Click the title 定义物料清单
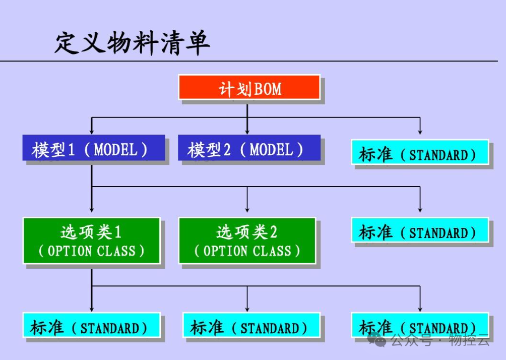coord(132,43)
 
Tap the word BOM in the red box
coord(268,90)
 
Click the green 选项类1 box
coord(91,241)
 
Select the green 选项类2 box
coord(247,241)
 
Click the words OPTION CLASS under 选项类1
coord(92,251)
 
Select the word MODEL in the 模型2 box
coord(271,150)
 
